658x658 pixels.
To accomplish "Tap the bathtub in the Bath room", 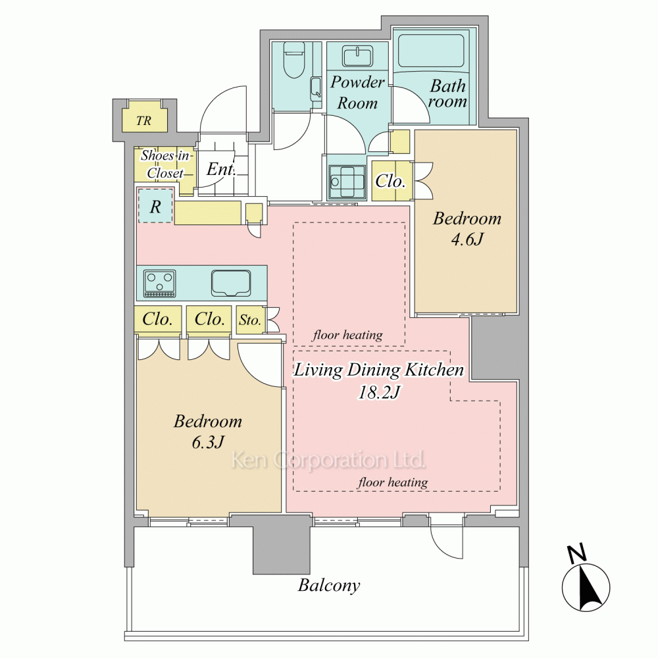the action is (x=430, y=51).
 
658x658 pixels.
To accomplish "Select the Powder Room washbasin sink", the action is (x=357, y=56).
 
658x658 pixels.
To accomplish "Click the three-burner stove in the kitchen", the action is (x=160, y=283).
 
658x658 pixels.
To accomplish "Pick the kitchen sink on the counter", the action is (x=231, y=283).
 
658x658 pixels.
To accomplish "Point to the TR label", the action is (x=143, y=121).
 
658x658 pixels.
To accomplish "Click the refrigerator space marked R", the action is (x=155, y=206).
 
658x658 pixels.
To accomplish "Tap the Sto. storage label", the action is (x=250, y=320).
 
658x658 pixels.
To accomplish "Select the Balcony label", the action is (x=329, y=586).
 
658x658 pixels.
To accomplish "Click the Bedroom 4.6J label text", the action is (x=467, y=229).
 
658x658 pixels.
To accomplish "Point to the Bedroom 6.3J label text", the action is (x=208, y=432).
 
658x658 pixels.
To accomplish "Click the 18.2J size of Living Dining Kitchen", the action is (x=378, y=392).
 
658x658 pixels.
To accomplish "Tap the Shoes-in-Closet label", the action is (x=165, y=164).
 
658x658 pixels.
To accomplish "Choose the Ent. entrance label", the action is (x=220, y=169).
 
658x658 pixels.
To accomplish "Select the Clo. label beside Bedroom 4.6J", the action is (x=390, y=181).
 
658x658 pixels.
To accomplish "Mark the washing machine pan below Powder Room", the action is (x=347, y=182).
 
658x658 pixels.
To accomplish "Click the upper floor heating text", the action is (x=347, y=335).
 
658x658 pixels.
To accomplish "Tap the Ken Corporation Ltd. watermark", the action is (x=328, y=460).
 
